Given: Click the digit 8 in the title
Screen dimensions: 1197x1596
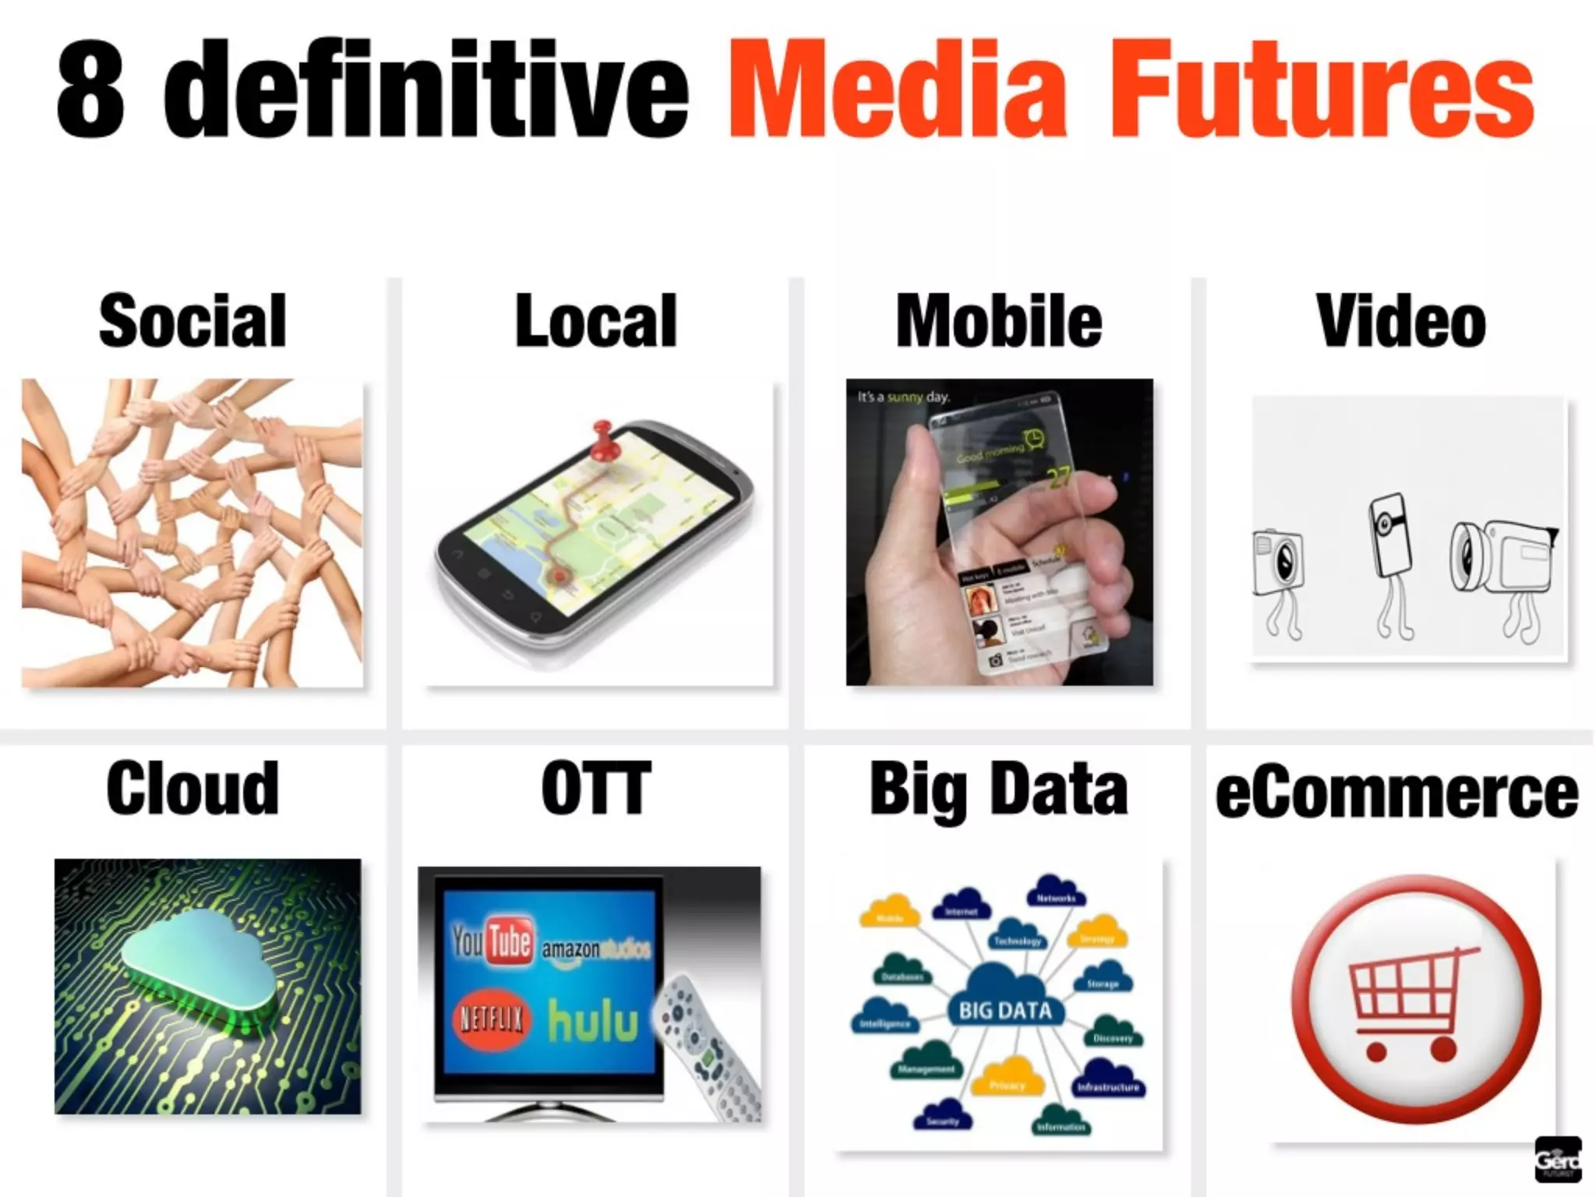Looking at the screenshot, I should click(90, 90).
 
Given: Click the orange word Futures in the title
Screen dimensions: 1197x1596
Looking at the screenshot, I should click(1322, 90).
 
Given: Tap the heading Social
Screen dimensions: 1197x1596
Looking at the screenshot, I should click(192, 321).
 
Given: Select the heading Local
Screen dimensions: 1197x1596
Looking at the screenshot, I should click(596, 321).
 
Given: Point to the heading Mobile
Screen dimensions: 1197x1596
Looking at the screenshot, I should click(999, 321).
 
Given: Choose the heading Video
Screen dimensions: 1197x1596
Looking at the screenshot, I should click(1401, 321).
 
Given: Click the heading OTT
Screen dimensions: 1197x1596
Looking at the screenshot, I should click(596, 789).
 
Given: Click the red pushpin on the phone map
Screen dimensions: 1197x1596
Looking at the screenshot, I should click(602, 441).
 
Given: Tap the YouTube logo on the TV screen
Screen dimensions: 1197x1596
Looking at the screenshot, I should click(493, 941).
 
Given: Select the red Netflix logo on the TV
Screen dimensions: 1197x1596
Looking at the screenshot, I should click(491, 1019).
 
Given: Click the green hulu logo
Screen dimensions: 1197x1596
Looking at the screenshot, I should click(592, 1021).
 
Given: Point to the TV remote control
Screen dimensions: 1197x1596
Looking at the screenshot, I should click(705, 1044).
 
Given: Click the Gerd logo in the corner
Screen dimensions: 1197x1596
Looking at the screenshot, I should click(1557, 1159).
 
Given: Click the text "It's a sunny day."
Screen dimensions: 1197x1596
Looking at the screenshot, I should click(904, 397).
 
